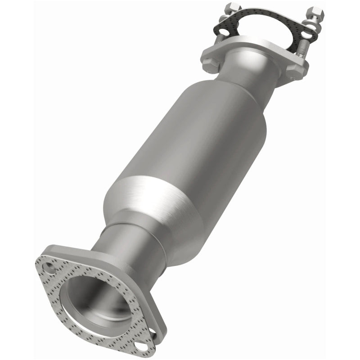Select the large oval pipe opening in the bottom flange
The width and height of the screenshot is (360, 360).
[97, 299]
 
